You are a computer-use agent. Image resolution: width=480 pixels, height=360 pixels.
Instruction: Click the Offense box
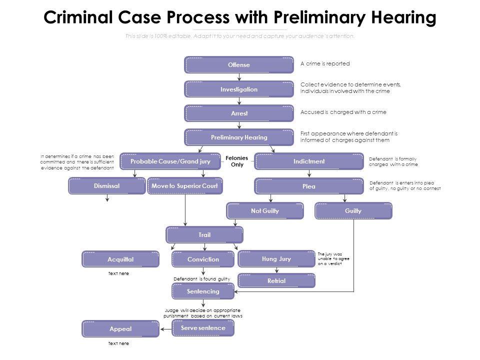point(239,65)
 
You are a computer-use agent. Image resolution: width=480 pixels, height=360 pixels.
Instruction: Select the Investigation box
point(239,89)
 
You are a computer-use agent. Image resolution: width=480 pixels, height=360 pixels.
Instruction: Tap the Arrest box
point(239,113)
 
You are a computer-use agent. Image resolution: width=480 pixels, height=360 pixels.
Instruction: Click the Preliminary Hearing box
point(239,137)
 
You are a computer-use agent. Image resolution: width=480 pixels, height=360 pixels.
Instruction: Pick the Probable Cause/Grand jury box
point(170,161)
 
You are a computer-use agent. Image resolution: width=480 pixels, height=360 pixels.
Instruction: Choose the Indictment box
point(309,161)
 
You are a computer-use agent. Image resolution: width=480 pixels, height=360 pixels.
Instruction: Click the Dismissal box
point(106,186)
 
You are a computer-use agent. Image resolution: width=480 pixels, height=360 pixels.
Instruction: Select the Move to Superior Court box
point(184,186)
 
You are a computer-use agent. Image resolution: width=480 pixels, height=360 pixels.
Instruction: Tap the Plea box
point(309,186)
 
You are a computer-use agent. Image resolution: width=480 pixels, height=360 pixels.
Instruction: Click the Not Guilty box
point(265,211)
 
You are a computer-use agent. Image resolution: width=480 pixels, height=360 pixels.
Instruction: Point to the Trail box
point(204,235)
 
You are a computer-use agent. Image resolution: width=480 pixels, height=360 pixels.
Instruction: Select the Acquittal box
point(120,259)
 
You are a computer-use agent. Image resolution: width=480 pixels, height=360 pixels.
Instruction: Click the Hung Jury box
point(276,259)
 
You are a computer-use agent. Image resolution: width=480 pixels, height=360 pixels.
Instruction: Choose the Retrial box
point(276,281)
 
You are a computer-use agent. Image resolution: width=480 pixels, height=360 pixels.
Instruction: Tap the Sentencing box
point(203,291)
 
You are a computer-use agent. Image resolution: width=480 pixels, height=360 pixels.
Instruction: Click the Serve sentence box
point(203,328)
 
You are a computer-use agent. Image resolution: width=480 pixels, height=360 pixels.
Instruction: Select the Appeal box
point(120,329)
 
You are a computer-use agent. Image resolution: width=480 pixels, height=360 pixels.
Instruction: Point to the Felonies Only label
point(237,161)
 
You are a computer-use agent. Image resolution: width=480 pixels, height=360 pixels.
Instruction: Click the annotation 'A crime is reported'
point(325,64)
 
